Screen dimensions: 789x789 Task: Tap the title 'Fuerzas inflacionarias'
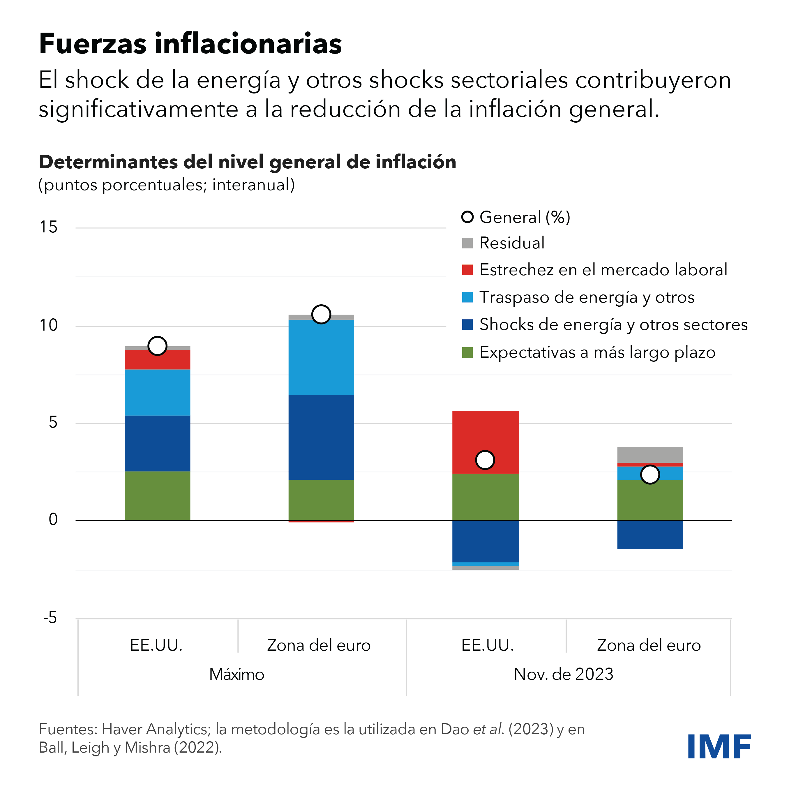pyautogui.click(x=190, y=44)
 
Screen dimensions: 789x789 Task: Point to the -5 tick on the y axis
pyautogui.click(x=50, y=617)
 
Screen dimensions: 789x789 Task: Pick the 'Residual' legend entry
pyautogui.click(x=512, y=243)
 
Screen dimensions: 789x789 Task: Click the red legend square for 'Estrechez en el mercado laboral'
pyautogui.click(x=467, y=270)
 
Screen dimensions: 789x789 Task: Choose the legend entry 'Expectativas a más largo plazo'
pyautogui.click(x=597, y=352)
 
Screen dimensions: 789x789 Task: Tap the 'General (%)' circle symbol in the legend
pyautogui.click(x=467, y=217)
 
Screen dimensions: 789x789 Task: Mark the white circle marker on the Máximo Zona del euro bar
pyautogui.click(x=321, y=315)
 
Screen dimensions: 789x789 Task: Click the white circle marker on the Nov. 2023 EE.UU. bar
pyautogui.click(x=485, y=460)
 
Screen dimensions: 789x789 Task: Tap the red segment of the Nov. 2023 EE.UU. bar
pyautogui.click(x=486, y=433)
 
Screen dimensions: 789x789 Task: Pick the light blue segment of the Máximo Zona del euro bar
pyautogui.click(x=321, y=357)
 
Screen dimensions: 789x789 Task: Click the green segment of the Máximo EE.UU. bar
pyautogui.click(x=157, y=496)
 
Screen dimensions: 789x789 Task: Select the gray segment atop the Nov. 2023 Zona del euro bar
pyautogui.click(x=650, y=455)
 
